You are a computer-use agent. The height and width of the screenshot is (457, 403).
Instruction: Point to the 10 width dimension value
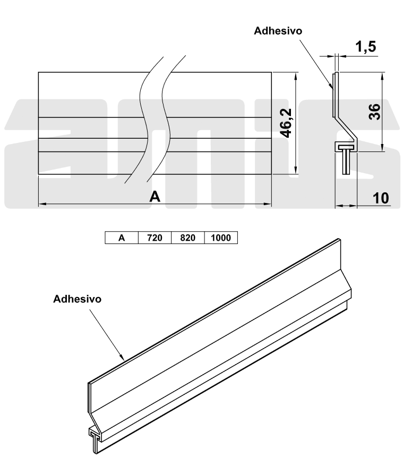pos(381,198)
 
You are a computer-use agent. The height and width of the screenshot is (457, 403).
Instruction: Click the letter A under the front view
pos(155,197)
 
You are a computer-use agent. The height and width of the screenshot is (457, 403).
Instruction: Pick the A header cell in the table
pos(122,238)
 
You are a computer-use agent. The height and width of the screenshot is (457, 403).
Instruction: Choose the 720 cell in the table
pos(155,238)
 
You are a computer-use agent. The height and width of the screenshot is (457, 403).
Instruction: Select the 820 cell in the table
pos(188,238)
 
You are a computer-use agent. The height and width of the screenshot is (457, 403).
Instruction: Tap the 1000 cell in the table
pos(221,238)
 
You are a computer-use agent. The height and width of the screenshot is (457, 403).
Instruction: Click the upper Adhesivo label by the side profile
pos(278,31)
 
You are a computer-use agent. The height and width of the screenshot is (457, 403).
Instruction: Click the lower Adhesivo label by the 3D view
pos(78,299)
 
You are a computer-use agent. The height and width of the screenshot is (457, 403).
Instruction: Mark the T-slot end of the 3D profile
pos(95,438)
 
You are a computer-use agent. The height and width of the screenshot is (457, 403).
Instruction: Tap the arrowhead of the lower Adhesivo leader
pos(123,359)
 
